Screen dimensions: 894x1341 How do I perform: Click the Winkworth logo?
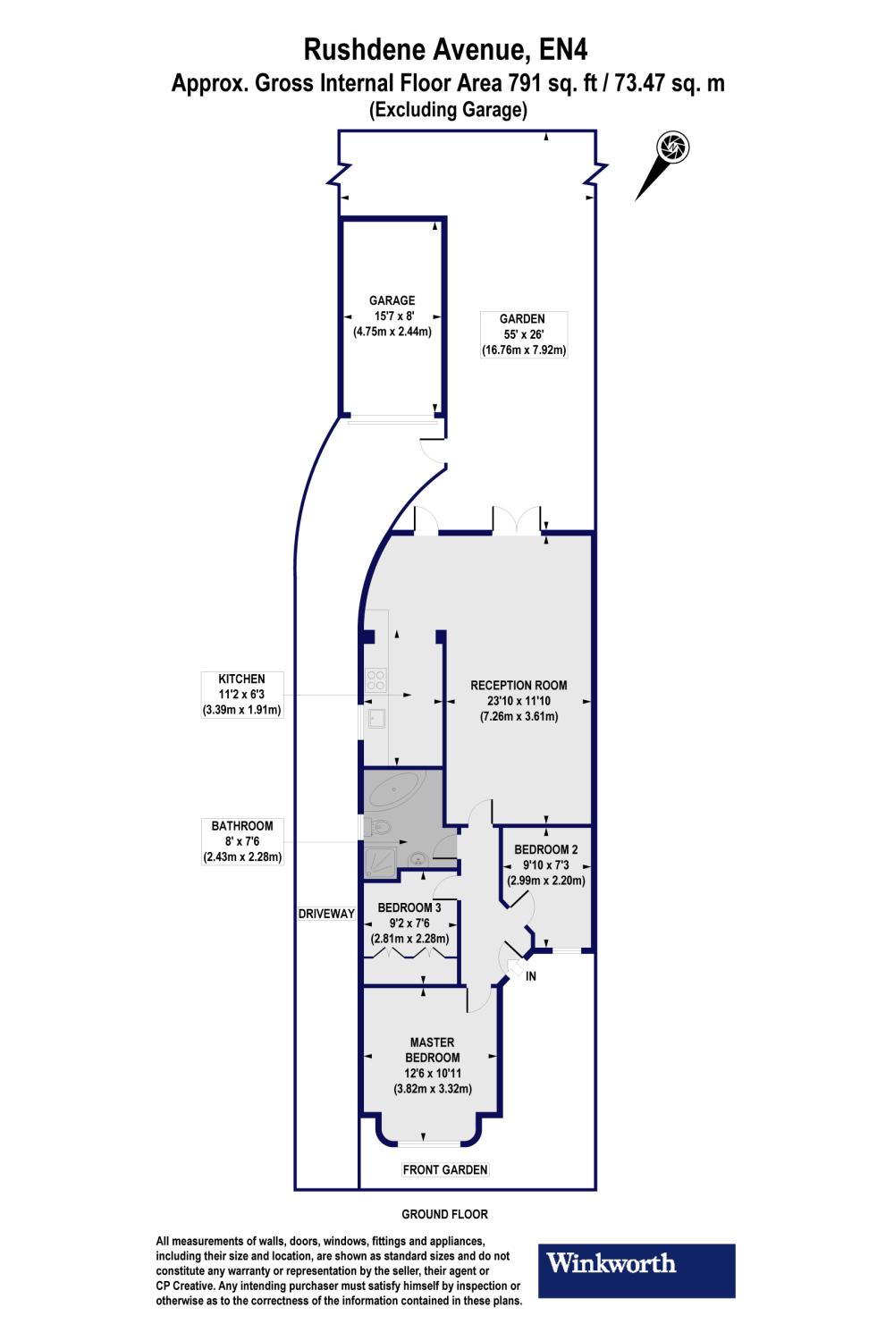pos(636,1270)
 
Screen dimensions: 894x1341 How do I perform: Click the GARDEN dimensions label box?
pos(524,334)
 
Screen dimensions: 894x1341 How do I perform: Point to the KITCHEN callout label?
pos(242,695)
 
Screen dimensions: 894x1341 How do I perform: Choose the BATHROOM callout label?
pos(242,841)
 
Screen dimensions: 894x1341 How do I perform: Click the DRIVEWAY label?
pos(326,914)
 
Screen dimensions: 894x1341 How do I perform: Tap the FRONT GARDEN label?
pos(445,1169)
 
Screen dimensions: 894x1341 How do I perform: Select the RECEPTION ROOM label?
pos(519,701)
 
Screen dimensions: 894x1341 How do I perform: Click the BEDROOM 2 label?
pos(546,865)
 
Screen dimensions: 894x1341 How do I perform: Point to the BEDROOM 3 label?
pos(409,924)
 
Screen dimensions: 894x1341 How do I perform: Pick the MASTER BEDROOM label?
pos(433,1066)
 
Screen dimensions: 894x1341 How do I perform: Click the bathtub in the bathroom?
pos(396,790)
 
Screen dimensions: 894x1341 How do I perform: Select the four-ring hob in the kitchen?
pos(376,680)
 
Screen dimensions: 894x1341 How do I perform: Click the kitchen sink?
pos(376,718)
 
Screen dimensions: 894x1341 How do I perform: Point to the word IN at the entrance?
pos(530,976)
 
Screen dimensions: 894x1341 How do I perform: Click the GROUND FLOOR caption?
pos(445,1215)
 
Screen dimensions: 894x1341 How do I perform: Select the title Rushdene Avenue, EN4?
pos(445,50)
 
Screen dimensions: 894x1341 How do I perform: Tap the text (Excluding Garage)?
pos(449,110)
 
